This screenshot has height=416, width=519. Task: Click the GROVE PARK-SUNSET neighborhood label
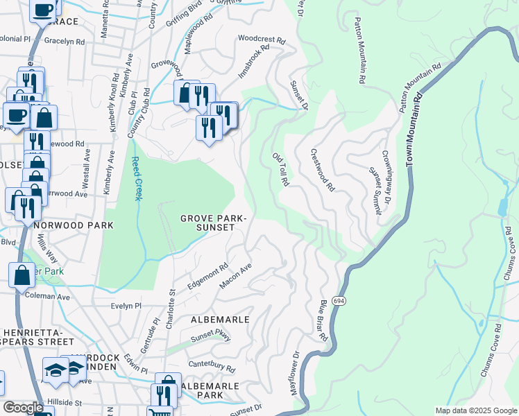pyautogui.click(x=213, y=223)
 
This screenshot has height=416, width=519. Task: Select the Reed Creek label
pyautogui.click(x=137, y=180)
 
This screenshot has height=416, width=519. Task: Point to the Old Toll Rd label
pyautogui.click(x=280, y=169)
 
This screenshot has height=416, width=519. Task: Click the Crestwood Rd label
pyautogui.click(x=323, y=170)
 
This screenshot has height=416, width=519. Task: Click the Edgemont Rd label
pyautogui.click(x=207, y=277)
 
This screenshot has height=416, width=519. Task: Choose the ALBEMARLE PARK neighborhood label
pyautogui.click(x=210, y=390)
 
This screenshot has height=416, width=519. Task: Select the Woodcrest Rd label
pyautogui.click(x=262, y=40)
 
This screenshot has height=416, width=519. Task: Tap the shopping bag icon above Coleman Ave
pyautogui.click(x=22, y=275)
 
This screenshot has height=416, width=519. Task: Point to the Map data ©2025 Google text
pyautogui.click(x=475, y=410)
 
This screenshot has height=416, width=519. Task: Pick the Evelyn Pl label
pyautogui.click(x=126, y=305)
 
